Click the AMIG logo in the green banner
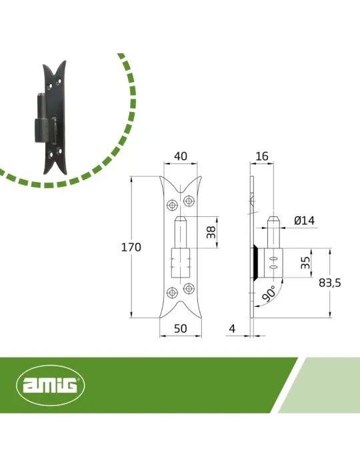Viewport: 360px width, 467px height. (50, 385)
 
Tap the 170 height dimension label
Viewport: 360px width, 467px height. (131, 248)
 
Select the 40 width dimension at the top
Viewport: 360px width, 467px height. (181, 156)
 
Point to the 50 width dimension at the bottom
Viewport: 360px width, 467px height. (181, 328)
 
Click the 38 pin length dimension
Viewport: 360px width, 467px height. (211, 232)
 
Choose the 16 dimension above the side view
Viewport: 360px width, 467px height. (262, 156)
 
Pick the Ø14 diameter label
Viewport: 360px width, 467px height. (305, 221)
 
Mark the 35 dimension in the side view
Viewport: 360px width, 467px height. (305, 263)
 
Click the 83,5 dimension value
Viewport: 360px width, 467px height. (329, 283)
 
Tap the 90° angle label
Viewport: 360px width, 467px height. (269, 294)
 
